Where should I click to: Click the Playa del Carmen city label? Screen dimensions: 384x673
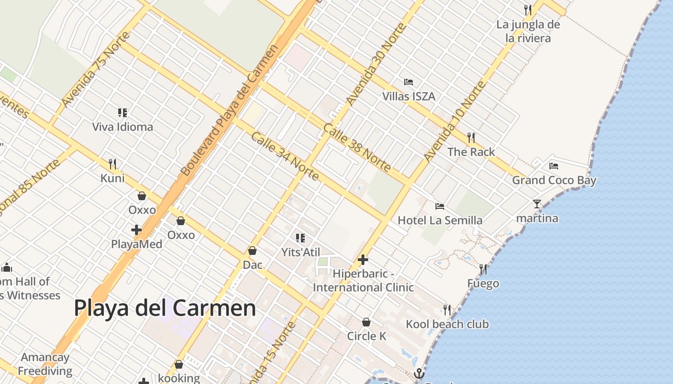click(165, 308)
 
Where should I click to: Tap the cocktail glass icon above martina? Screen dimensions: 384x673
click(537, 204)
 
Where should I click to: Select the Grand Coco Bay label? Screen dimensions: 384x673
click(554, 180)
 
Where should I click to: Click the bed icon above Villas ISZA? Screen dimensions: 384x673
click(409, 82)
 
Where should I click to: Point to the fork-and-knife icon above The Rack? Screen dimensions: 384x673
click(471, 138)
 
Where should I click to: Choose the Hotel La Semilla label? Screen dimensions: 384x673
click(440, 220)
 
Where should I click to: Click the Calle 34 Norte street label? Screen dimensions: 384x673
click(285, 156)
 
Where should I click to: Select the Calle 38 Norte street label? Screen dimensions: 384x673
click(356, 147)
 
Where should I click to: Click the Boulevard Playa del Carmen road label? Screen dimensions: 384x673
click(230, 110)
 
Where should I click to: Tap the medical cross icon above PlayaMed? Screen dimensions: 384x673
click(137, 230)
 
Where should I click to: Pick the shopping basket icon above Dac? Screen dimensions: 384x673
click(252, 251)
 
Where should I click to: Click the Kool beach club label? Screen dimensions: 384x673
click(447, 324)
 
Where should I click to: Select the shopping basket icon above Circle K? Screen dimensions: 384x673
click(366, 322)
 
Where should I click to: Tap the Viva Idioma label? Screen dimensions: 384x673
click(123, 127)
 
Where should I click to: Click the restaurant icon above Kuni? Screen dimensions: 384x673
click(112, 164)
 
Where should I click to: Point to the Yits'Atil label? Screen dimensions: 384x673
click(300, 252)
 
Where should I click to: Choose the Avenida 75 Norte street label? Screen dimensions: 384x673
click(96, 70)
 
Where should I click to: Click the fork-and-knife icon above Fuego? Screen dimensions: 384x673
click(483, 269)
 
